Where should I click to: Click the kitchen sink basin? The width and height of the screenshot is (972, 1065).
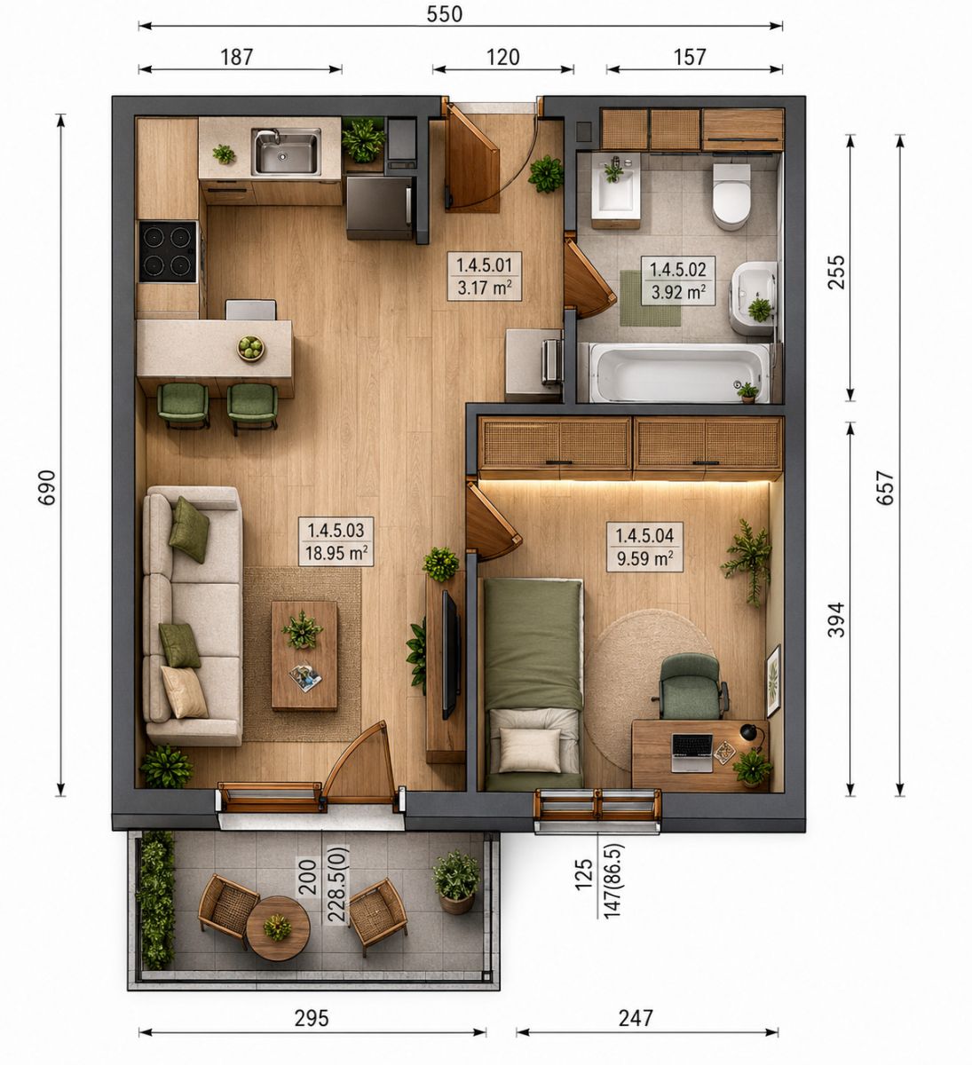[287, 152]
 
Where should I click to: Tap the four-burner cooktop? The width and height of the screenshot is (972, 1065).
[168, 252]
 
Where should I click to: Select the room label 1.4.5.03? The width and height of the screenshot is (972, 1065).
[336, 530]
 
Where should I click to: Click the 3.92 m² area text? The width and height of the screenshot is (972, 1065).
[678, 291]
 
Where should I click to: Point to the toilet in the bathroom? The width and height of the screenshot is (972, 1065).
[731, 196]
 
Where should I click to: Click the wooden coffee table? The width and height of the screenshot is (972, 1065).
[304, 656]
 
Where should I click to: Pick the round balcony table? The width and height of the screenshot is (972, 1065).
[278, 929]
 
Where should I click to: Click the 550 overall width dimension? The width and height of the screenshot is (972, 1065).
[444, 14]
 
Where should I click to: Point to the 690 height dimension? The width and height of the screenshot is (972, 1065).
[47, 487]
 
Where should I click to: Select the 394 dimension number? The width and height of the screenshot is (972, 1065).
[836, 619]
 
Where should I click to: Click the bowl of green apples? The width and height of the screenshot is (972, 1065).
[250, 348]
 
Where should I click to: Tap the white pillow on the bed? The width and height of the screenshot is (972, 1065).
[530, 750]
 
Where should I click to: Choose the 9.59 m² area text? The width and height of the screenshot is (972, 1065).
[644, 558]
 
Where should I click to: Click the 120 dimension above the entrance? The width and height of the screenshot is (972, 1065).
[502, 58]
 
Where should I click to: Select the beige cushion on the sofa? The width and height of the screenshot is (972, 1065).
[184, 691]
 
